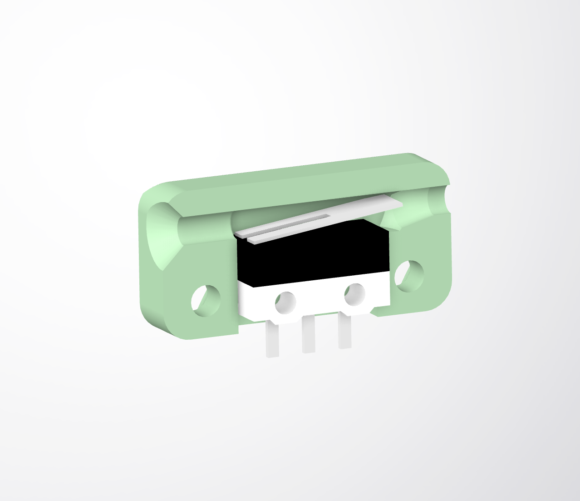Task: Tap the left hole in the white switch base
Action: click(285, 302)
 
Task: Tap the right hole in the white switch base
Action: click(354, 294)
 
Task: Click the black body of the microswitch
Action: click(313, 254)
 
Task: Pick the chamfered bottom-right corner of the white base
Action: click(373, 311)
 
